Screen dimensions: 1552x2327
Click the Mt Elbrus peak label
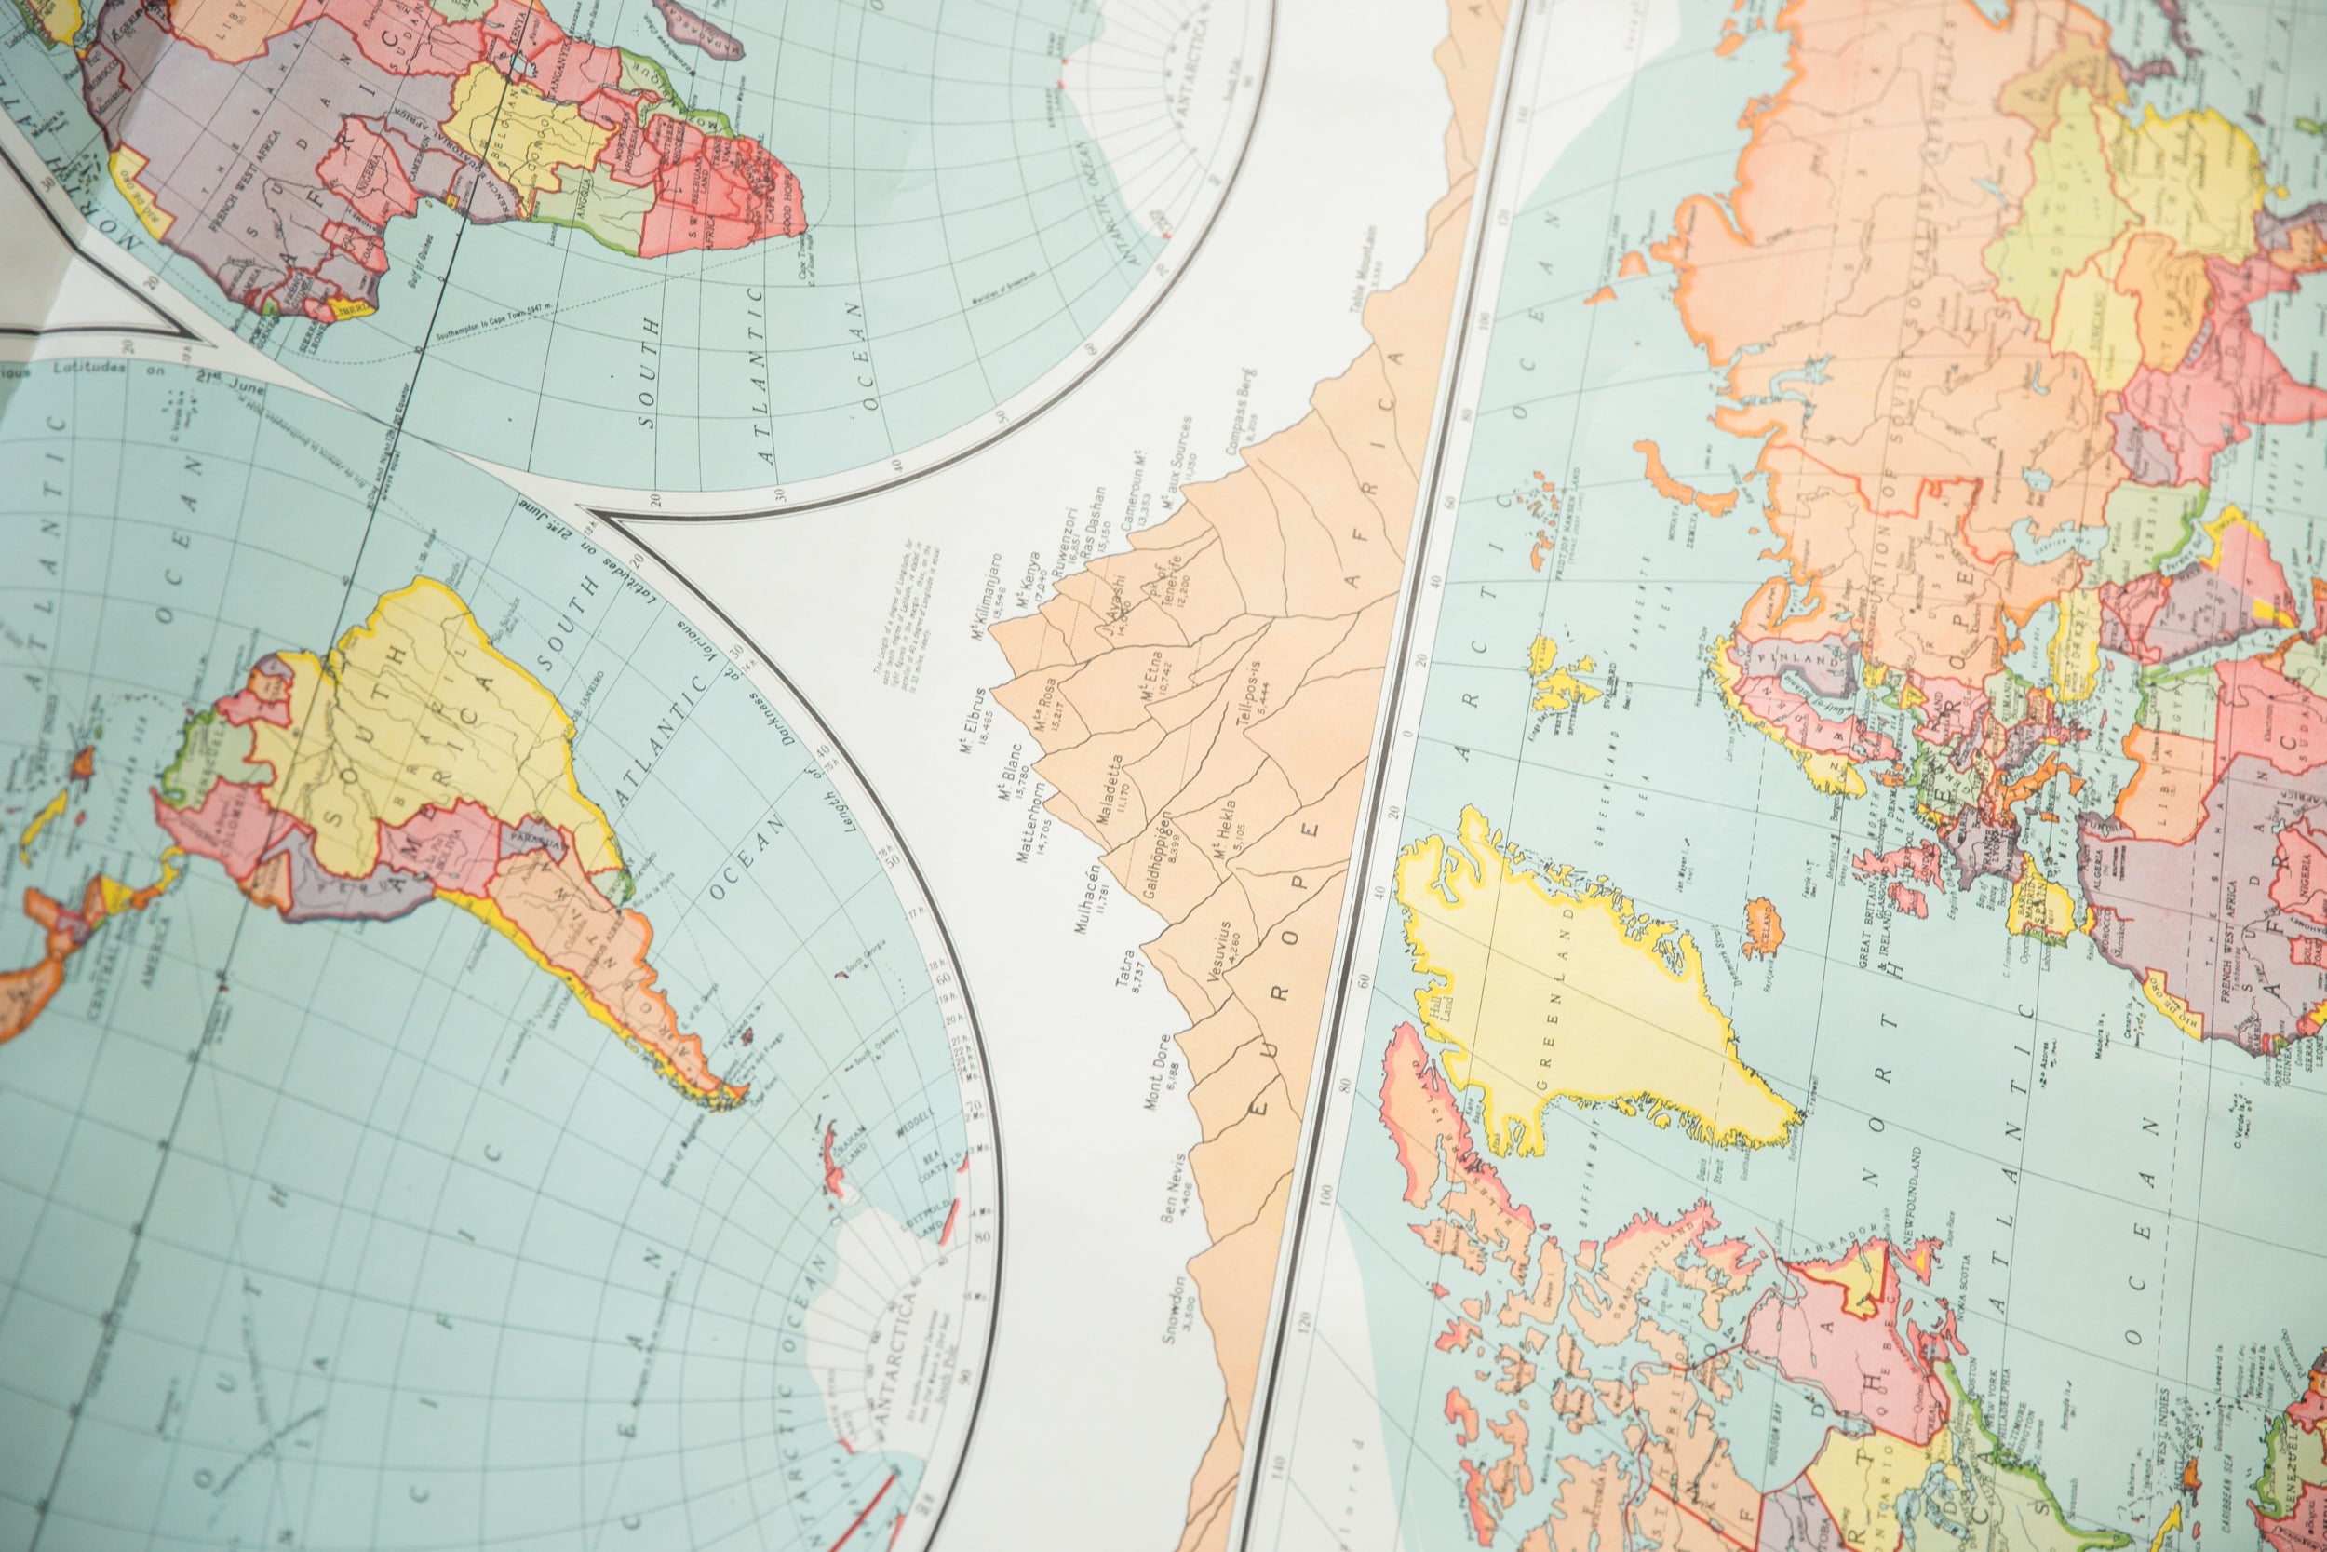(975, 720)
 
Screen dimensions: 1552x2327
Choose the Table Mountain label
(1364, 286)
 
